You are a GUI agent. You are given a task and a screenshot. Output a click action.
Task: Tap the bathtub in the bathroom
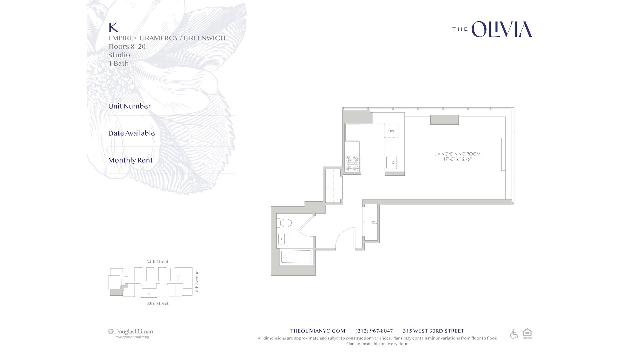[296, 257]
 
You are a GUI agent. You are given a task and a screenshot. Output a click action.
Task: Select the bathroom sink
[282, 239]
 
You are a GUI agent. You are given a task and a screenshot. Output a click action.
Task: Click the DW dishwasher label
[391, 131]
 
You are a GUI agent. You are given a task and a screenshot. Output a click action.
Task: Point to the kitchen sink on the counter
[392, 162]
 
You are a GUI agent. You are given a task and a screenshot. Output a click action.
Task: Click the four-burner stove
[352, 163]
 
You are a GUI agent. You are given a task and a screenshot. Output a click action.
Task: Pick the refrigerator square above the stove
[352, 132]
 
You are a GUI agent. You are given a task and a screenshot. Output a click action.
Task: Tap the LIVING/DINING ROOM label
[457, 154]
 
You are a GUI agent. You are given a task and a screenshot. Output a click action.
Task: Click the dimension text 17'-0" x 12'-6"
[457, 159]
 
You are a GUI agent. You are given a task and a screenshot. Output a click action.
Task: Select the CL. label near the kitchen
[329, 188]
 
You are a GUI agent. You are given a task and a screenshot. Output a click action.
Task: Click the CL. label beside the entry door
[374, 223]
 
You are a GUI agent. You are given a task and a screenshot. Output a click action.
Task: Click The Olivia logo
[492, 29]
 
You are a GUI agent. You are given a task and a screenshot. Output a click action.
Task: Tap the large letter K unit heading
[113, 27]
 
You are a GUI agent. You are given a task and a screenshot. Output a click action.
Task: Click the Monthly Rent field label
[130, 160]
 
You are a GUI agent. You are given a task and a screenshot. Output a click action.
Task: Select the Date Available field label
[131, 133]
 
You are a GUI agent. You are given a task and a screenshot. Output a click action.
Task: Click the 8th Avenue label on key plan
[197, 281]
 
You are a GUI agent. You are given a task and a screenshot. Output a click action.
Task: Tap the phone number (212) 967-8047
[374, 331]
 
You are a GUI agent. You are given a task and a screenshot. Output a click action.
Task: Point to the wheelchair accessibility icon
[514, 334]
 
